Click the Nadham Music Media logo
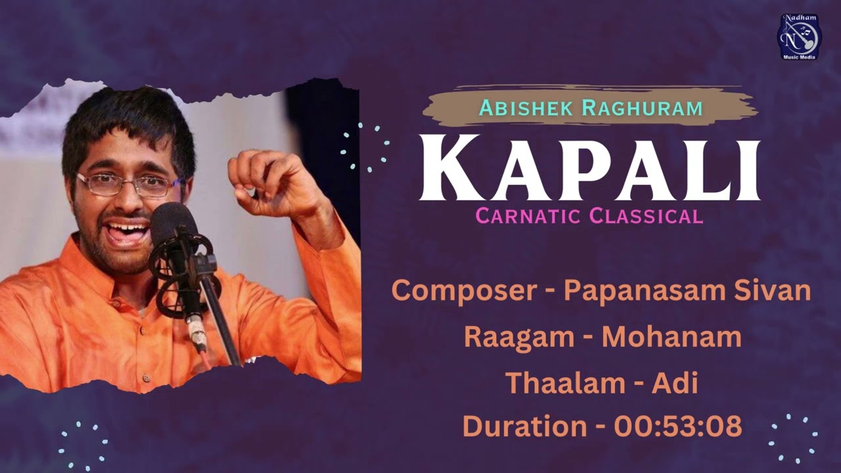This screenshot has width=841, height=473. tap(799, 37)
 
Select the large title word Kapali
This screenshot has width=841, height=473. tap(589, 169)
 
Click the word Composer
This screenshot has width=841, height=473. tap(463, 290)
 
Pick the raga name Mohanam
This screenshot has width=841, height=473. tap(671, 336)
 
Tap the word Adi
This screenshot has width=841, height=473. tap(674, 383)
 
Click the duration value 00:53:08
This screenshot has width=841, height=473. tap(677, 426)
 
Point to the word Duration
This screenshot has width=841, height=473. tap(524, 426)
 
